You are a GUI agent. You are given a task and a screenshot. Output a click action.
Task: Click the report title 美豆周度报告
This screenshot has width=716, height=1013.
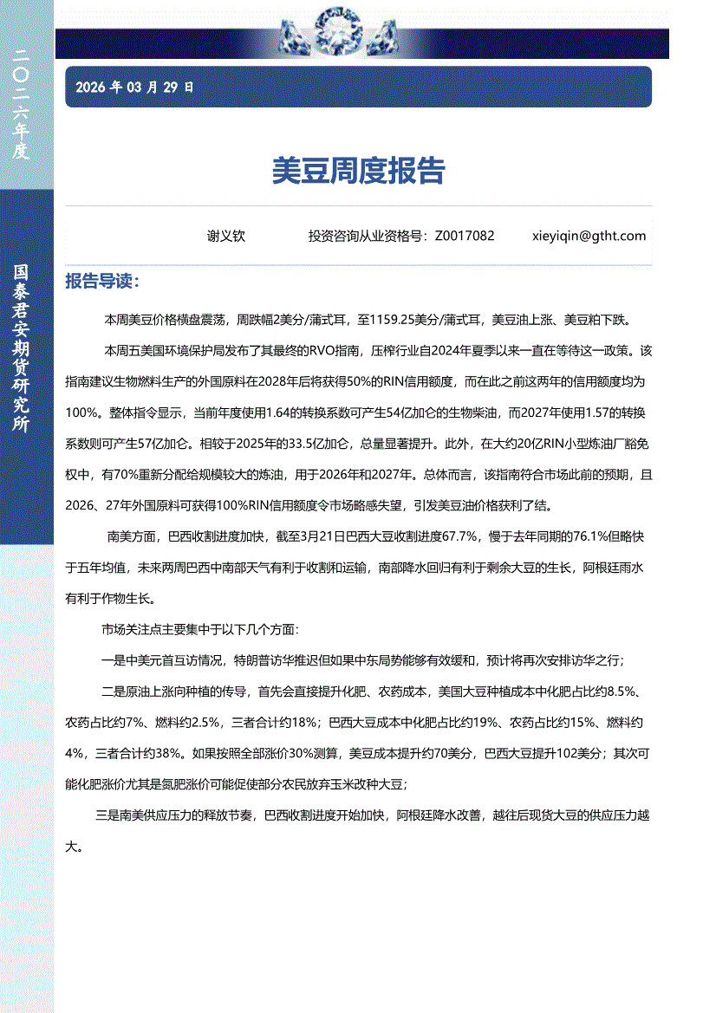(x=357, y=171)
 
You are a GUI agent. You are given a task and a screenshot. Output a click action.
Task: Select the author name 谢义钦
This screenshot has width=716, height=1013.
(x=226, y=236)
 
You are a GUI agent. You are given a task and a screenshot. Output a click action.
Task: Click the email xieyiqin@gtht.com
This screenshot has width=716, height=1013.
(x=589, y=236)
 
